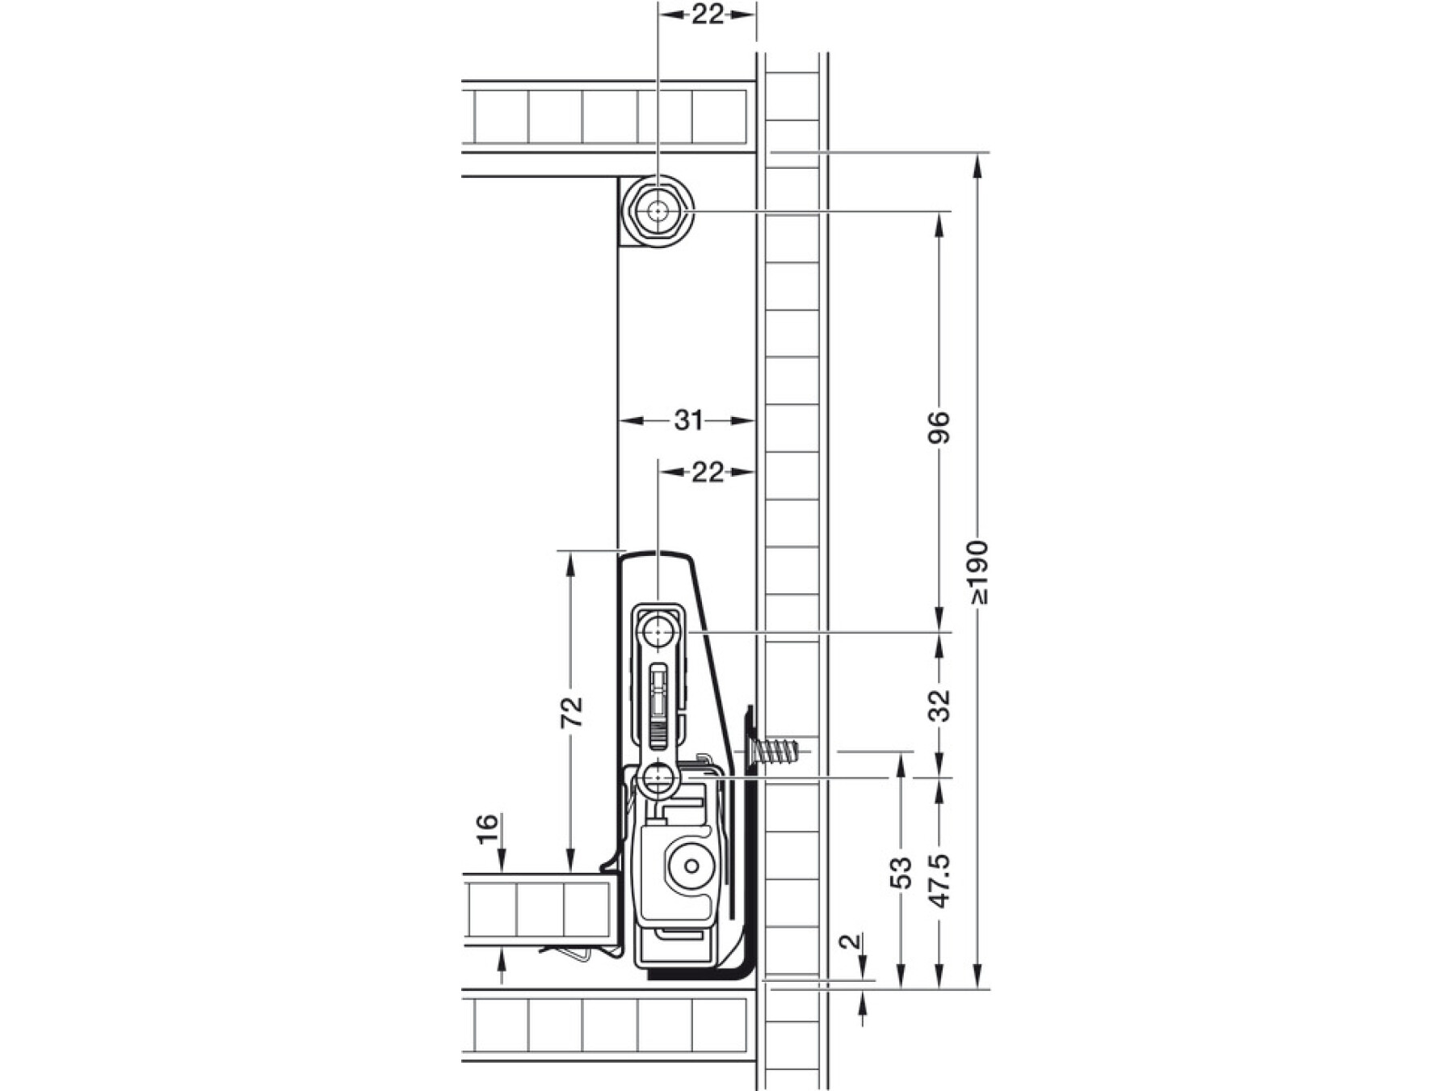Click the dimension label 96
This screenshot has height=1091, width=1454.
(x=939, y=428)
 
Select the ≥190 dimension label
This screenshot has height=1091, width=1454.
(x=978, y=572)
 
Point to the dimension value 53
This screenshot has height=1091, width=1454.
(x=900, y=873)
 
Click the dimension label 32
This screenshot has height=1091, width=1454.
(x=939, y=705)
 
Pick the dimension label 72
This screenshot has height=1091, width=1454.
(x=571, y=711)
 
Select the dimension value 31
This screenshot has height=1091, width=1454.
(x=688, y=420)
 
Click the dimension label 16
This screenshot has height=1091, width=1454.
(x=487, y=828)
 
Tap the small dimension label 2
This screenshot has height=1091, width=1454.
(x=847, y=942)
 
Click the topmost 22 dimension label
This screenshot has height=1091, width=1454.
(x=708, y=14)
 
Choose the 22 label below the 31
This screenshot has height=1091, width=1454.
(x=708, y=472)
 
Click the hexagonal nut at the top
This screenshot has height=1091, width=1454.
(x=658, y=212)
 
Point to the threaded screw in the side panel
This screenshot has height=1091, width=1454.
(x=775, y=752)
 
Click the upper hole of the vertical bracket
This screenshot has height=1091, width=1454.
(x=659, y=630)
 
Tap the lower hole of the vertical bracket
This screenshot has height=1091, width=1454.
(x=658, y=780)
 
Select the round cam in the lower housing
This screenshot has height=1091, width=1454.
(x=691, y=866)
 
